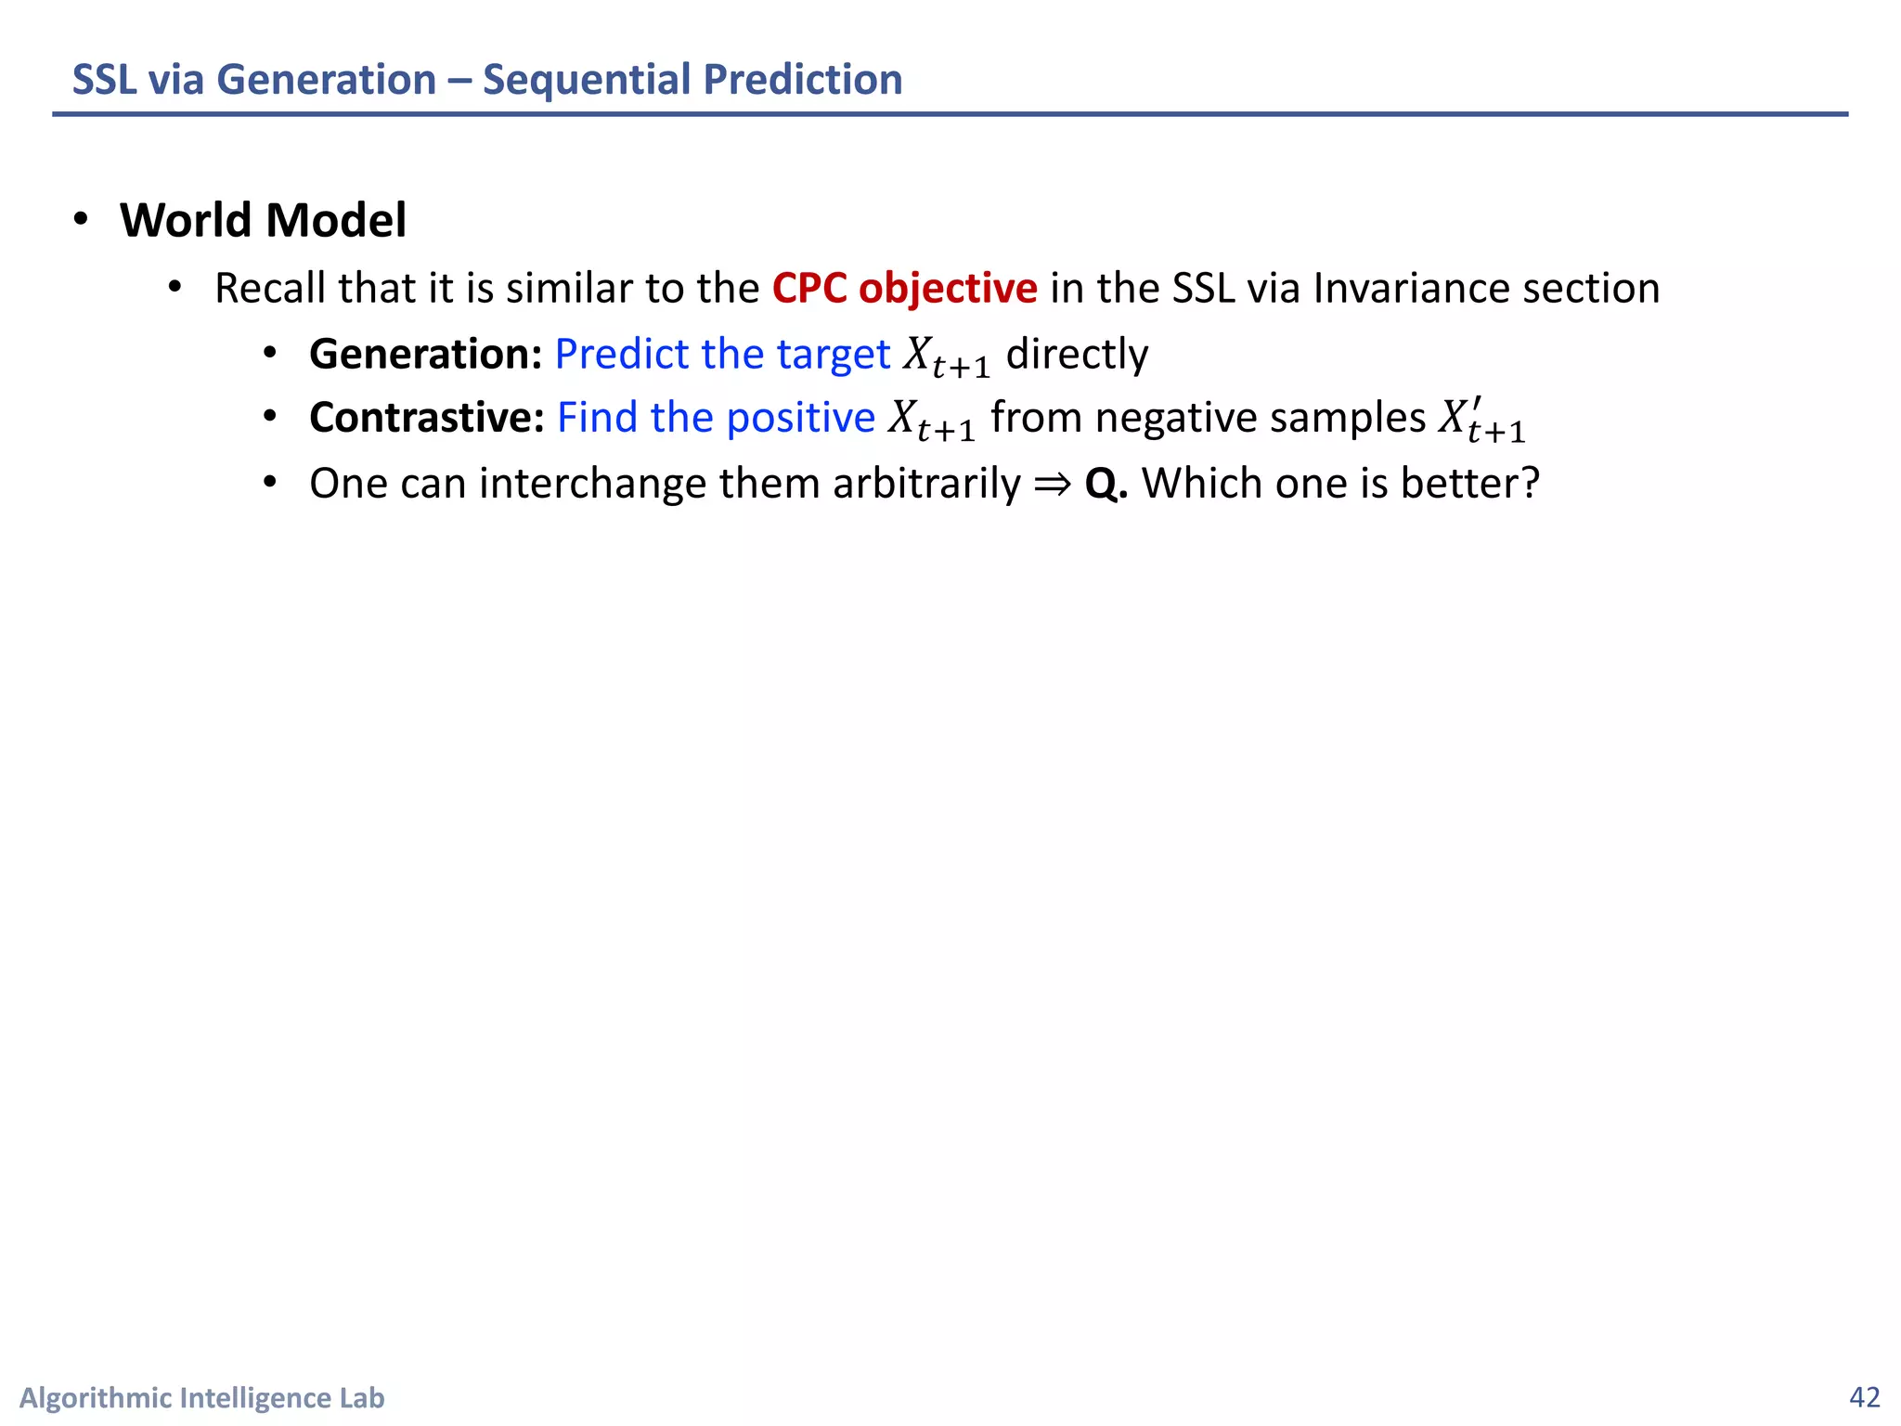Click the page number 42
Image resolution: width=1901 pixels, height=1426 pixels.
coord(1864,1397)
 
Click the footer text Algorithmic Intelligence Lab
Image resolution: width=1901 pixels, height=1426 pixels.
coord(201,1397)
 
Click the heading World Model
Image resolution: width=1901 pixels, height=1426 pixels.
coord(263,220)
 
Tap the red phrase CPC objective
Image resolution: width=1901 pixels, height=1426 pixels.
coord(904,288)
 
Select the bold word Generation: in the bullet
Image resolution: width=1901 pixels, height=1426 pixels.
coord(425,354)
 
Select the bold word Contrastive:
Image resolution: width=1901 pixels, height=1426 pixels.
coord(426,418)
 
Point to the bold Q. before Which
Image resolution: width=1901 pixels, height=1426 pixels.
coord(1106,484)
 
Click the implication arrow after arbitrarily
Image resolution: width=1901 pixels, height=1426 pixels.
coord(1052,484)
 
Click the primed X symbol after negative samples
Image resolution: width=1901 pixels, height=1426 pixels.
coord(1481,420)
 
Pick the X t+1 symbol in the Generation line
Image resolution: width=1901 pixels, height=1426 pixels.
coord(946,356)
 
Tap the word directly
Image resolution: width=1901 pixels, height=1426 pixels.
coord(1077,354)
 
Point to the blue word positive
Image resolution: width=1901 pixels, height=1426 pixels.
coord(800,418)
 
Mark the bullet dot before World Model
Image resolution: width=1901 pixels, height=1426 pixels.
coord(82,219)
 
